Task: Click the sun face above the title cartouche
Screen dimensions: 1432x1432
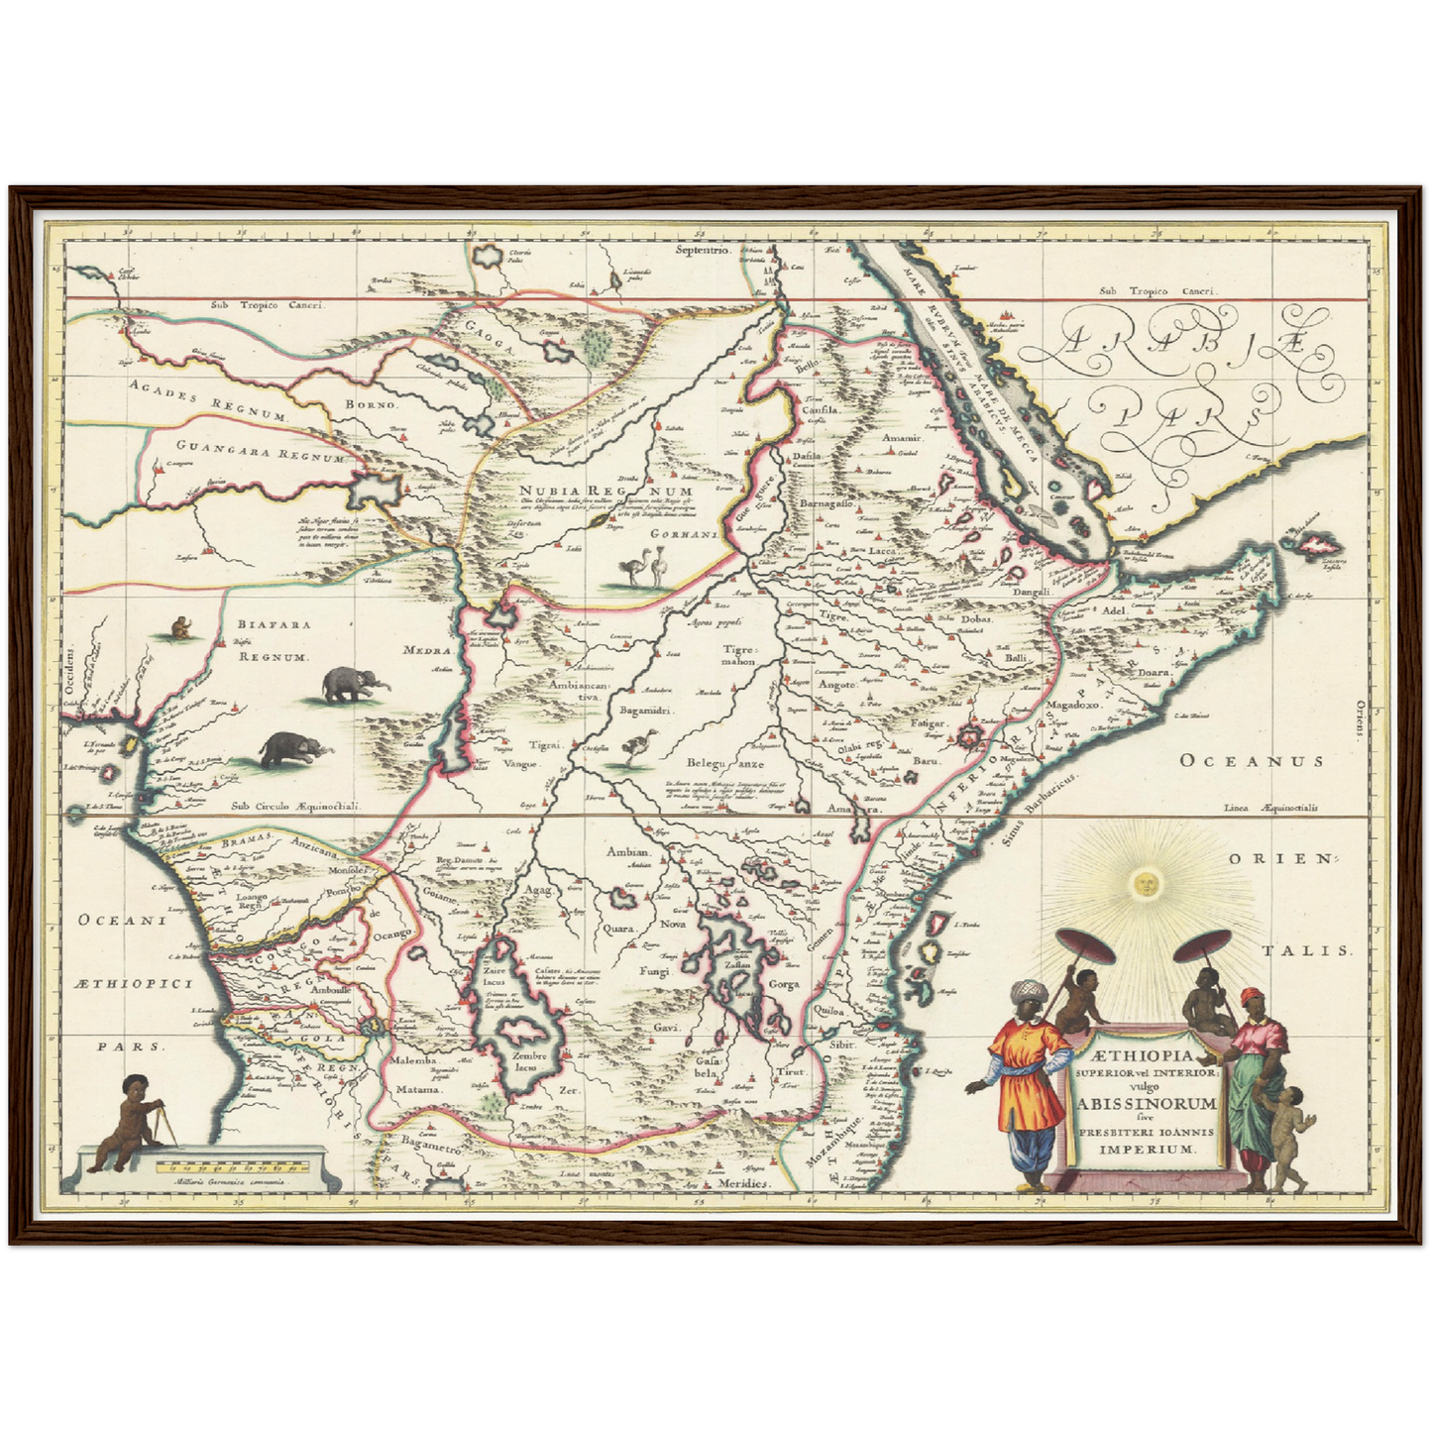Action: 1146,882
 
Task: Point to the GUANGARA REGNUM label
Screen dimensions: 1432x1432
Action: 260,453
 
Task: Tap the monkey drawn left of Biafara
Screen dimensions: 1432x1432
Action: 180,627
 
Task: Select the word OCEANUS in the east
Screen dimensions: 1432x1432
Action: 1251,761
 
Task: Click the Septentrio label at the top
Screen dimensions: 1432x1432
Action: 703,250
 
